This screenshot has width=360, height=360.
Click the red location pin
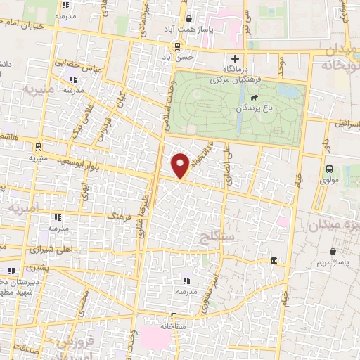point(181,164)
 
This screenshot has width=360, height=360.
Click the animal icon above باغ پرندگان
point(253,96)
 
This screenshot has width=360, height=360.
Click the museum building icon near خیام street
point(273,262)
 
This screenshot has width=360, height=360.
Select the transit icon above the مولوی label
point(328,169)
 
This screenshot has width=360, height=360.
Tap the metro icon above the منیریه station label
point(37,147)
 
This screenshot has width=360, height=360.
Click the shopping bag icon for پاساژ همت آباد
point(186,20)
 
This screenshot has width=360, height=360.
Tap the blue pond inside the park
point(288,91)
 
